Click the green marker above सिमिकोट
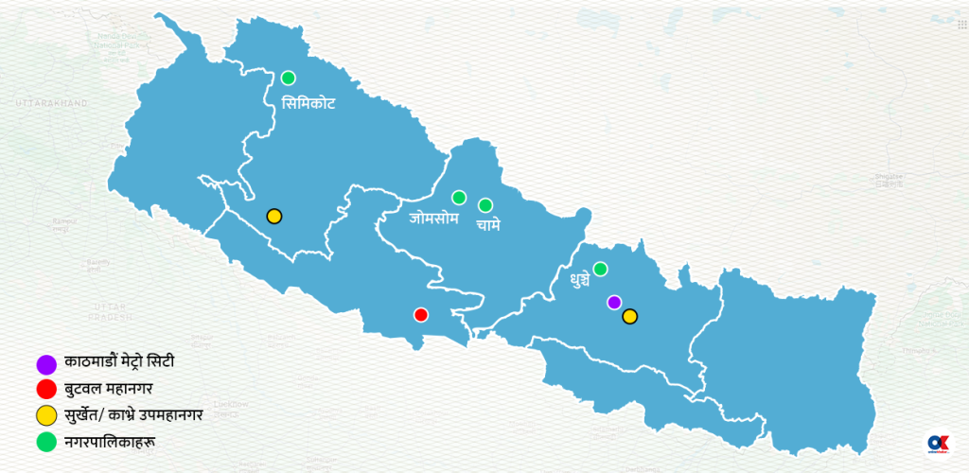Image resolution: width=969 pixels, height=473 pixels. [x=288, y=78]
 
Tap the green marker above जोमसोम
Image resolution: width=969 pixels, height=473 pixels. [x=459, y=197]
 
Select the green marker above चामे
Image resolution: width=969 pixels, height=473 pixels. [x=485, y=204]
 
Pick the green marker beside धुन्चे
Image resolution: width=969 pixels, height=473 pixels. [x=600, y=269]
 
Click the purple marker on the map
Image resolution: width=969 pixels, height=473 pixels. [x=614, y=302]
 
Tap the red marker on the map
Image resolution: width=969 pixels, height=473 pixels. [x=421, y=314]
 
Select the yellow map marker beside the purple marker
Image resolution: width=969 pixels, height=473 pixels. [x=630, y=316]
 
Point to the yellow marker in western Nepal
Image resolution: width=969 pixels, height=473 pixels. [x=273, y=216]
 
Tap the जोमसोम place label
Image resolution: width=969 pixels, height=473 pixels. [x=434, y=219]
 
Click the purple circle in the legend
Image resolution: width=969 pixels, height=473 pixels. [x=44, y=362]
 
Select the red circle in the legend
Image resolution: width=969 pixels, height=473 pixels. [x=44, y=388]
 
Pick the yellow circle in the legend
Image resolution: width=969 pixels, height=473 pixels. [x=44, y=414]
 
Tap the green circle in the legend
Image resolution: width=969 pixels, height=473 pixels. [x=44, y=440]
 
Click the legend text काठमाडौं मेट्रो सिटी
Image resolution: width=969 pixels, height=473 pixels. [x=120, y=362]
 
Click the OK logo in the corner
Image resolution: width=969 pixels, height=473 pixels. [x=938, y=444]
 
